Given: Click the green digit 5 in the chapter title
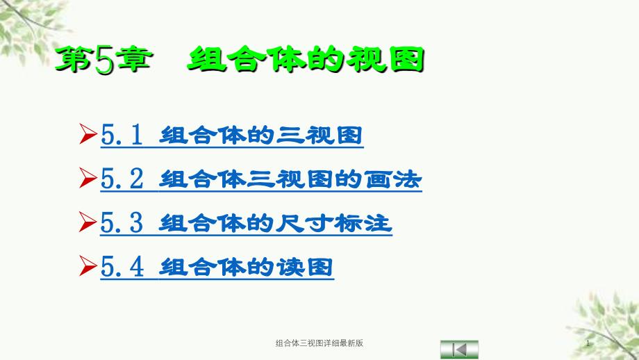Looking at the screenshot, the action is coord(104,60).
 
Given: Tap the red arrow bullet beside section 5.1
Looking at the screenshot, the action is coord(88,133).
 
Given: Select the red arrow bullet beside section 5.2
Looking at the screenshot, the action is coord(88,178).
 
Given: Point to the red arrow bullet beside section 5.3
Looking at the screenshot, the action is coord(88,222).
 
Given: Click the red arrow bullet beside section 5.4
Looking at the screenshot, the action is coord(88,265).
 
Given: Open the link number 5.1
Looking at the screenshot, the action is coord(122,135).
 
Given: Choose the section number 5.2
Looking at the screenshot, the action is coord(122,179).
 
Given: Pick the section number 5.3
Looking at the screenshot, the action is coord(122,222).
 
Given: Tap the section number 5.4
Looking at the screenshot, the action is coord(122,267).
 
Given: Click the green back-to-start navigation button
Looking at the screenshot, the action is coord(459,350).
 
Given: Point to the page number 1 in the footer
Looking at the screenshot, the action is coord(588,343).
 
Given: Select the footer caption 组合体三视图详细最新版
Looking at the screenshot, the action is coord(319,343).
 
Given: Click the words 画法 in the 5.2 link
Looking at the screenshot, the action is coord(393,179).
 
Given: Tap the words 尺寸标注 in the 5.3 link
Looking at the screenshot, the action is coord(334,223).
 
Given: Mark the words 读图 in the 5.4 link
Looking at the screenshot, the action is coord(305,268).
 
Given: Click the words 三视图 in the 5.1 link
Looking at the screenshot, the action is coord(319,136).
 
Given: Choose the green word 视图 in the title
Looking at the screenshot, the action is coord(385,60).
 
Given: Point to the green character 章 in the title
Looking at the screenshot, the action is coord(133,60).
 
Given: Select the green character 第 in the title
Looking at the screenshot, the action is coord(74,60).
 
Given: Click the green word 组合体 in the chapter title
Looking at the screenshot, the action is coord(247,60).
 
